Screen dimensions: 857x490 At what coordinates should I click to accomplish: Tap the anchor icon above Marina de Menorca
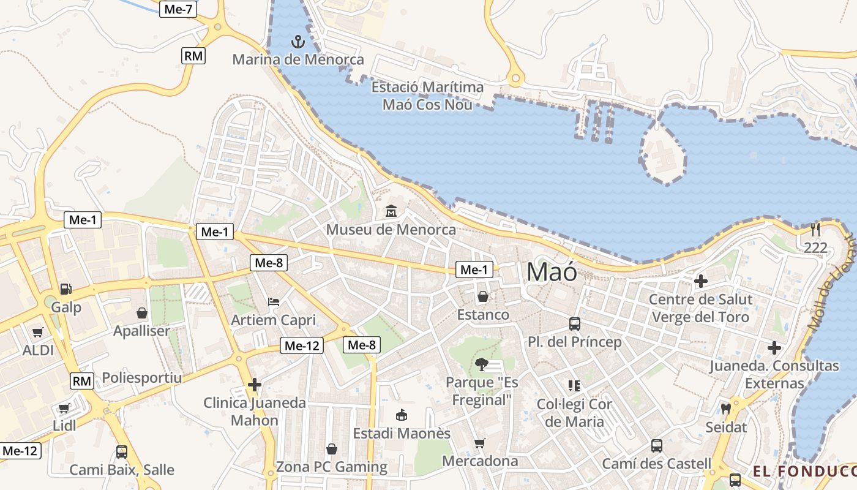pos(298,42)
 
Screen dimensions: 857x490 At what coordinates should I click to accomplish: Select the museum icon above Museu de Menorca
pos(391,211)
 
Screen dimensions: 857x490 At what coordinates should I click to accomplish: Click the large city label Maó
pos(552,271)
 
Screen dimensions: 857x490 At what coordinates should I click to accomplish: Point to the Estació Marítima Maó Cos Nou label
pos(427,96)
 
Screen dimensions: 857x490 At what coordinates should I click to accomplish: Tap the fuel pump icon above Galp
pos(65,288)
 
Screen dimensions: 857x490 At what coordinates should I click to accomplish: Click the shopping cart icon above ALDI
pos(38,332)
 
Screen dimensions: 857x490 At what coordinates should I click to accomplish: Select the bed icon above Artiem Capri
pos(274,301)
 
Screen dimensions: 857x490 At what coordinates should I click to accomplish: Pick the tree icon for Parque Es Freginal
pos(482,364)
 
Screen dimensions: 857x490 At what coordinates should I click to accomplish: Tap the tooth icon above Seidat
pos(726,409)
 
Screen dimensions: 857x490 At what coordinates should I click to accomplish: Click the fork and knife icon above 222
pos(815,230)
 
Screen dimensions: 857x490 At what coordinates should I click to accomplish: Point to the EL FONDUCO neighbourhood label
pos(804,471)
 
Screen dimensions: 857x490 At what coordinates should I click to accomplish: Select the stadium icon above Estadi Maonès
pos(402,415)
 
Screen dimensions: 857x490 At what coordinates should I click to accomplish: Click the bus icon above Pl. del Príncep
pos(574,323)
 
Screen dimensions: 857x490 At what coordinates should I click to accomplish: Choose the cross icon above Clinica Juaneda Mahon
pos(255,385)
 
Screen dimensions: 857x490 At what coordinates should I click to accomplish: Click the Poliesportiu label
pos(142,377)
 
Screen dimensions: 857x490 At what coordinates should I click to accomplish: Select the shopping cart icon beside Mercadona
pos(480,442)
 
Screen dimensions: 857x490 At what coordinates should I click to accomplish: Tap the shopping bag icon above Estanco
pos(483,296)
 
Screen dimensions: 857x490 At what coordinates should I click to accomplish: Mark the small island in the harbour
pos(662,153)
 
